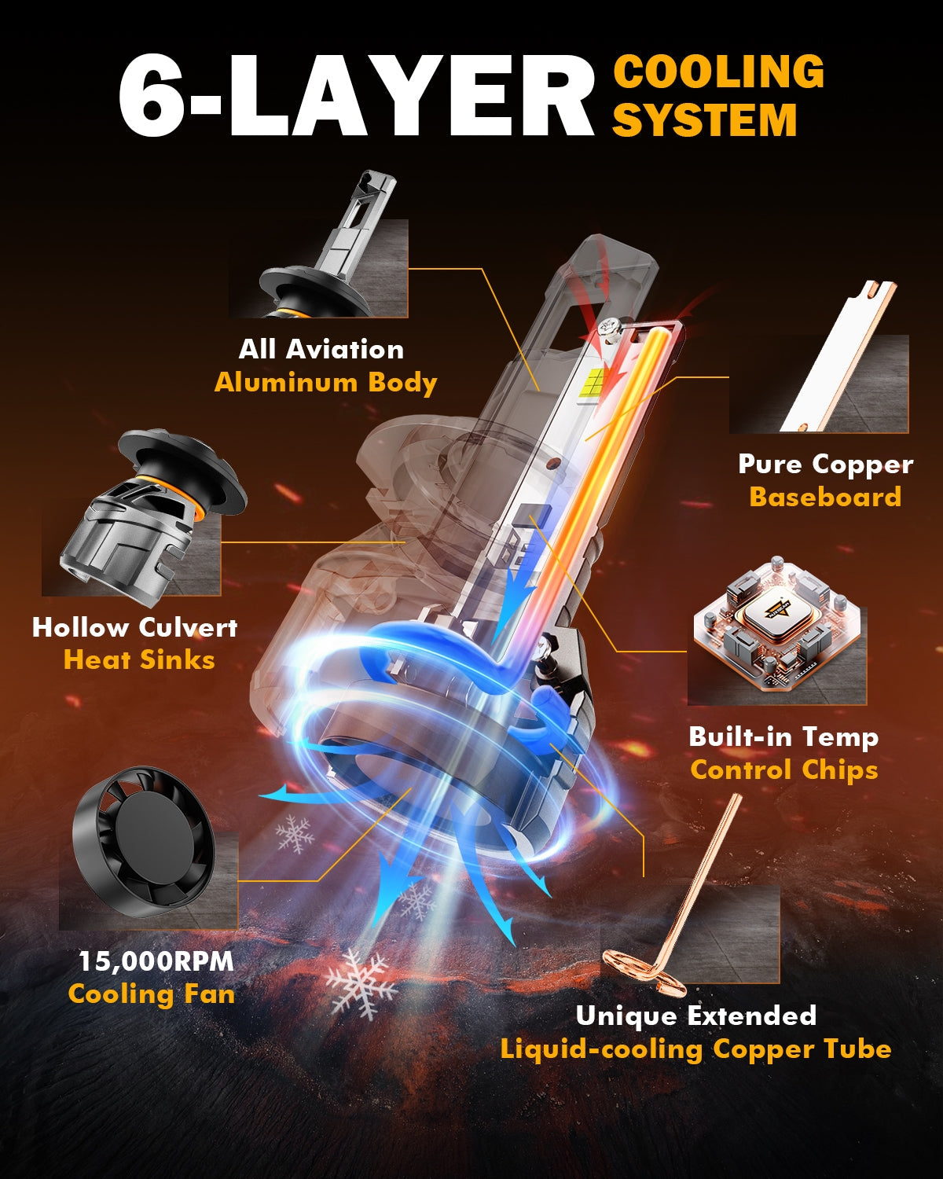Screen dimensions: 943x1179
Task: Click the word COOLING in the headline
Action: point(718,71)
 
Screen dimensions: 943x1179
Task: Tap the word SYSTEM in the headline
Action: point(705,119)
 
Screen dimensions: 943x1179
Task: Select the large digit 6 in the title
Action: point(151,95)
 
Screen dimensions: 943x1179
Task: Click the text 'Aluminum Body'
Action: point(325,383)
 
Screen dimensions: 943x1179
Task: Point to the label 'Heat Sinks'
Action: point(139,659)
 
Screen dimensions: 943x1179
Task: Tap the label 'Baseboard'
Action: point(825,498)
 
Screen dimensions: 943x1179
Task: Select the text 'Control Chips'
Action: point(784,770)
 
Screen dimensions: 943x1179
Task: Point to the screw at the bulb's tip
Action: point(609,329)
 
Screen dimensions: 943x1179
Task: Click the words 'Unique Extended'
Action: point(696,1016)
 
